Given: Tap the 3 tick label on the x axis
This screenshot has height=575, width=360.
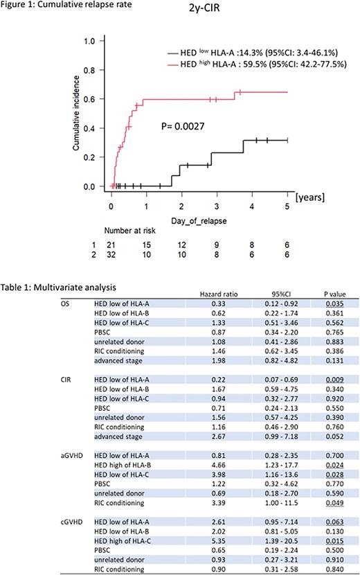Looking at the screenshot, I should pos(217,196).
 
